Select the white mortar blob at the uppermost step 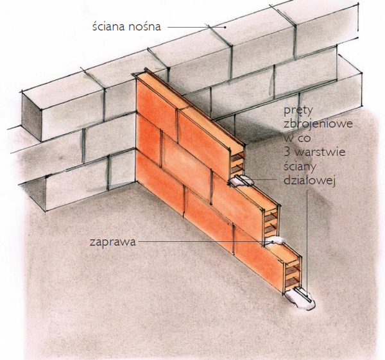click(x=239, y=183)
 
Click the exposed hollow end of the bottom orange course click(x=291, y=273)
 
